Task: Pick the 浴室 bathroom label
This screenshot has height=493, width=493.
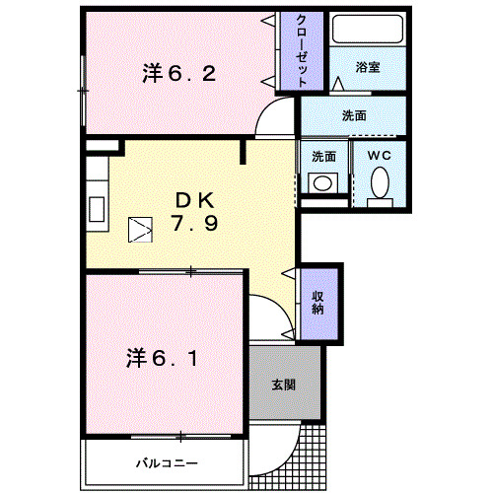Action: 368,68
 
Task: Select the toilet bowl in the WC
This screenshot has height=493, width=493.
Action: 380,183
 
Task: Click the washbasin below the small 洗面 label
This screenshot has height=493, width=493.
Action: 322,182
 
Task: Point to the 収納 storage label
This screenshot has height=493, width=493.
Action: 318,303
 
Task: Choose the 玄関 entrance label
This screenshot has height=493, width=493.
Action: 284,385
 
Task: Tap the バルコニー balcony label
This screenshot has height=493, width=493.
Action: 168,462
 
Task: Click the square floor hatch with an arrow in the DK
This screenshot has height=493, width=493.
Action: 139,230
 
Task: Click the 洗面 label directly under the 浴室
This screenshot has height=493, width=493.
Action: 354,115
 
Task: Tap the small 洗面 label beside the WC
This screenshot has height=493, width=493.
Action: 323,156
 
